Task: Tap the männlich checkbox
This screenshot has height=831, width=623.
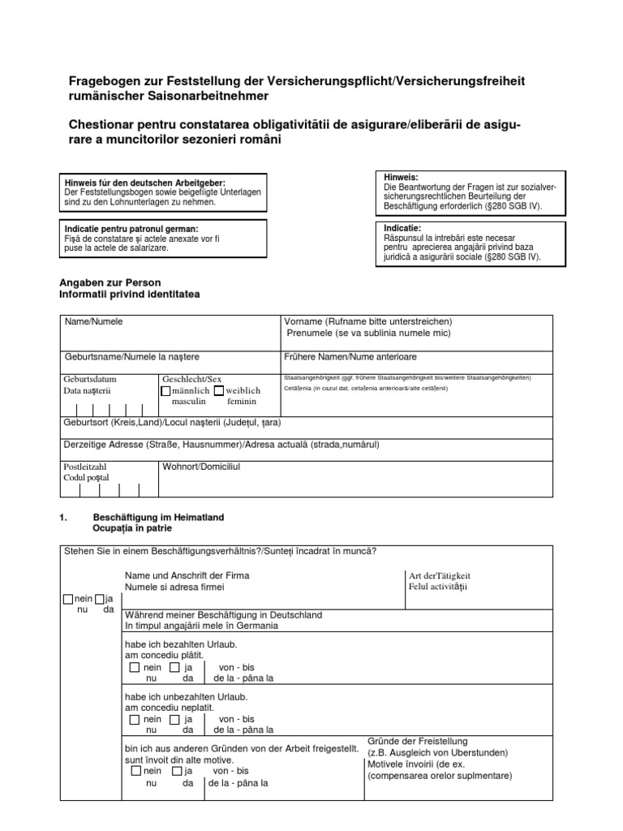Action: (x=166, y=390)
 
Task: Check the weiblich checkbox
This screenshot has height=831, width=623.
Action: (x=218, y=390)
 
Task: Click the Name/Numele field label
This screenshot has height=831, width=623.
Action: (x=93, y=321)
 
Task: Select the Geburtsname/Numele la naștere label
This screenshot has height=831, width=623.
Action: (x=131, y=356)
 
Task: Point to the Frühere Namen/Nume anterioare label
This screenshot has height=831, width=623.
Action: (x=350, y=356)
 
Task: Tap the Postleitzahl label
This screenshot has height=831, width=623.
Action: (x=85, y=467)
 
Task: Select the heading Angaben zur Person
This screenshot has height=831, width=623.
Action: (x=105, y=282)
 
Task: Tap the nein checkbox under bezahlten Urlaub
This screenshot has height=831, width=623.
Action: (x=134, y=667)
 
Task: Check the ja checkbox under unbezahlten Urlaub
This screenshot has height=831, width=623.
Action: (x=174, y=719)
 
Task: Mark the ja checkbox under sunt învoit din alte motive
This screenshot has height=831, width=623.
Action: (x=174, y=770)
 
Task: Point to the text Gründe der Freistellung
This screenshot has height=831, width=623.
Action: (x=418, y=741)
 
